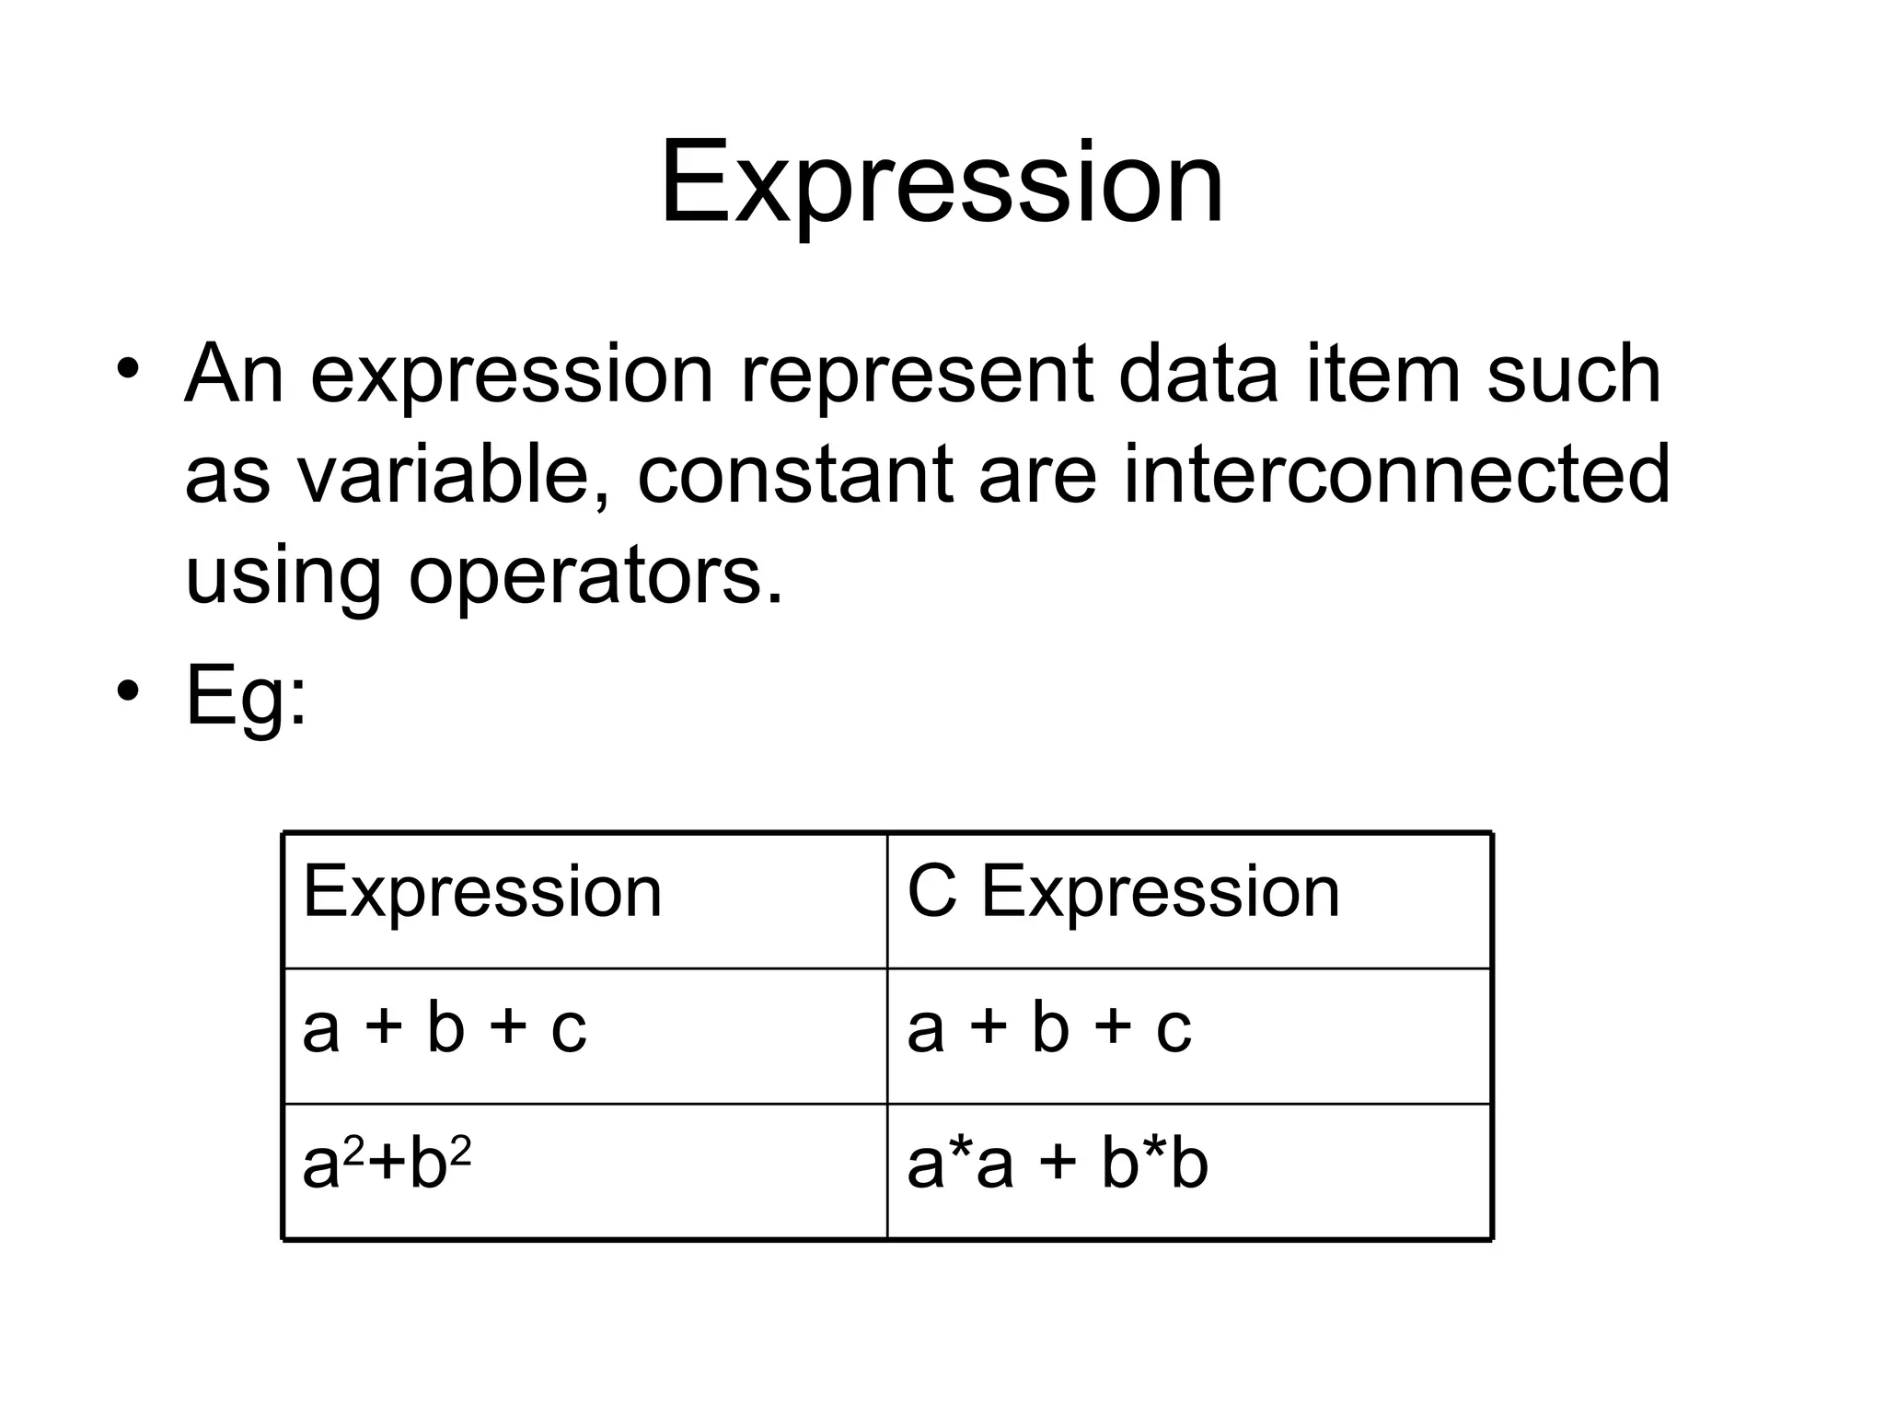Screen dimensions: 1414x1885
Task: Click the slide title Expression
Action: (x=942, y=183)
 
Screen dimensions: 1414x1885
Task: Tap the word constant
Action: (x=794, y=476)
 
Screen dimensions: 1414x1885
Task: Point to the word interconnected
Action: (x=1395, y=476)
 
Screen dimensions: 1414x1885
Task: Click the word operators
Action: (x=596, y=577)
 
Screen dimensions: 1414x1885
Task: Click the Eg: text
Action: (x=246, y=697)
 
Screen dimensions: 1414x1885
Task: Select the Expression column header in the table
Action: (x=482, y=892)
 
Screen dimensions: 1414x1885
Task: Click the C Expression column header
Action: (x=1123, y=892)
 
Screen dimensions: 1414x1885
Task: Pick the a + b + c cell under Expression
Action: (x=445, y=1028)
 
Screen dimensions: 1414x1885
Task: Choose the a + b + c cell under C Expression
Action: (x=1049, y=1028)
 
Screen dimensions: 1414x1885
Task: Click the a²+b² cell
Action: (x=387, y=1164)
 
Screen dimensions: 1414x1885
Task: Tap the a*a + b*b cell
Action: (x=1058, y=1164)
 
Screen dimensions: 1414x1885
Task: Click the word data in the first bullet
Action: (x=1197, y=375)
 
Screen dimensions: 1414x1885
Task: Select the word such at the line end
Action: (x=1574, y=375)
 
